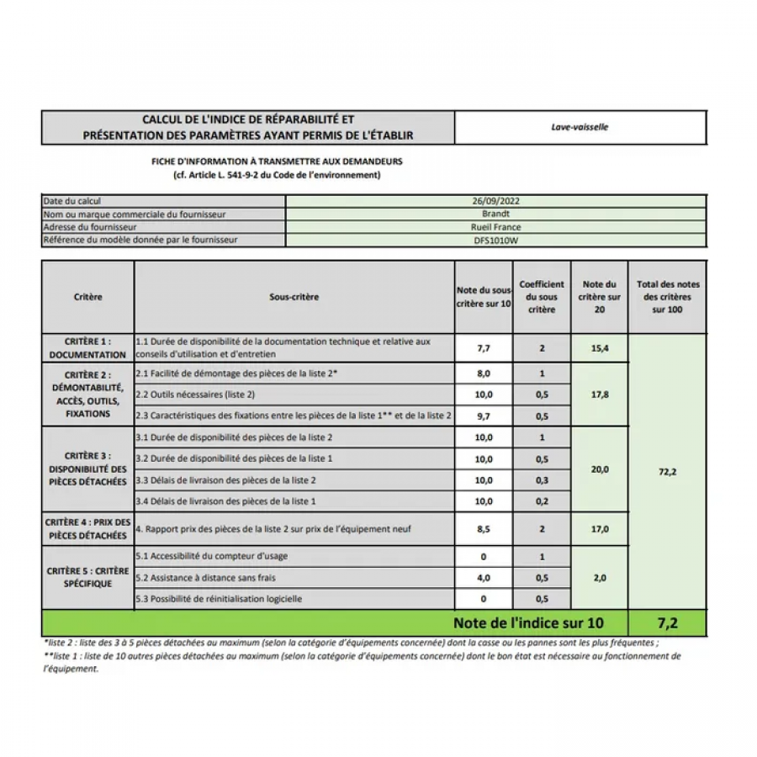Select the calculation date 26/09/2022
tap(496, 202)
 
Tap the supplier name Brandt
tap(496, 214)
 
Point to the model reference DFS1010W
tap(496, 240)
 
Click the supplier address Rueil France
tap(496, 227)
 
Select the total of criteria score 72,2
tap(669, 472)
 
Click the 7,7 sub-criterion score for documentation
tap(483, 347)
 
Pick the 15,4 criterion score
tap(599, 347)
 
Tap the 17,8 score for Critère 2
tap(599, 394)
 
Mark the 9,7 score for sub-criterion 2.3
tap(483, 416)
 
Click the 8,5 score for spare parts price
tap(483, 530)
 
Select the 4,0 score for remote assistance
tap(483, 578)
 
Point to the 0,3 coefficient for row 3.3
tap(542, 480)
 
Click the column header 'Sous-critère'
tap(294, 297)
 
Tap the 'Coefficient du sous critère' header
tap(542, 297)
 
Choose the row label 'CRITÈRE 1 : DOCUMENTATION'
tap(87, 348)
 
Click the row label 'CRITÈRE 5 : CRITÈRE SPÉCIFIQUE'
tap(87, 577)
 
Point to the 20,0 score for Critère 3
tap(599, 469)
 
